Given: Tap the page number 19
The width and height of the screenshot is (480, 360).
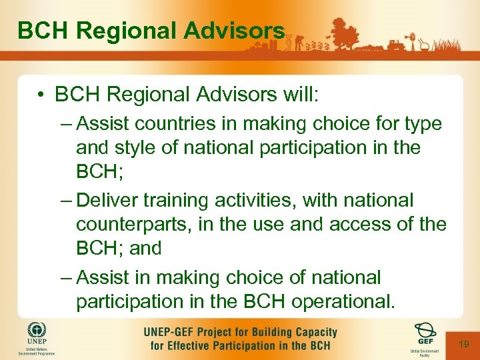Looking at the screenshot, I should point(465,343).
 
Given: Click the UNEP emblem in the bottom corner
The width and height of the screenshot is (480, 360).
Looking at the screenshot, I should point(37,331).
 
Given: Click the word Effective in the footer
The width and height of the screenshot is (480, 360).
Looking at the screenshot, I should point(197,345).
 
